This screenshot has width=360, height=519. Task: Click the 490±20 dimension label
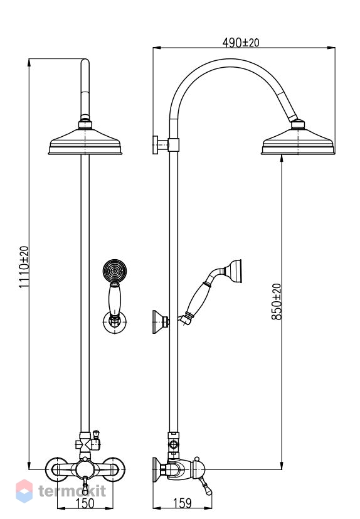(x=241, y=43)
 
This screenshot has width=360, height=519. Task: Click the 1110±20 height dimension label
(x=24, y=267)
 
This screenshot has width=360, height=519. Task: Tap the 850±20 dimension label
(x=277, y=301)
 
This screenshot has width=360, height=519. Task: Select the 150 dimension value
(x=85, y=503)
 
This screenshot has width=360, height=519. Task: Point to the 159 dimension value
(x=183, y=503)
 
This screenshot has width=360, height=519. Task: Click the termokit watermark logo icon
(x=24, y=491)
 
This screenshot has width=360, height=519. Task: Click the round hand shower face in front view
(x=115, y=271)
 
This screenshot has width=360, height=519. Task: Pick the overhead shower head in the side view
(x=298, y=142)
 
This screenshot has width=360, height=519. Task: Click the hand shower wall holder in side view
(x=161, y=321)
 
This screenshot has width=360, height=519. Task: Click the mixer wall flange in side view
(x=157, y=469)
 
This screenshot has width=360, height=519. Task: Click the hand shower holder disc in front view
(x=115, y=322)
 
